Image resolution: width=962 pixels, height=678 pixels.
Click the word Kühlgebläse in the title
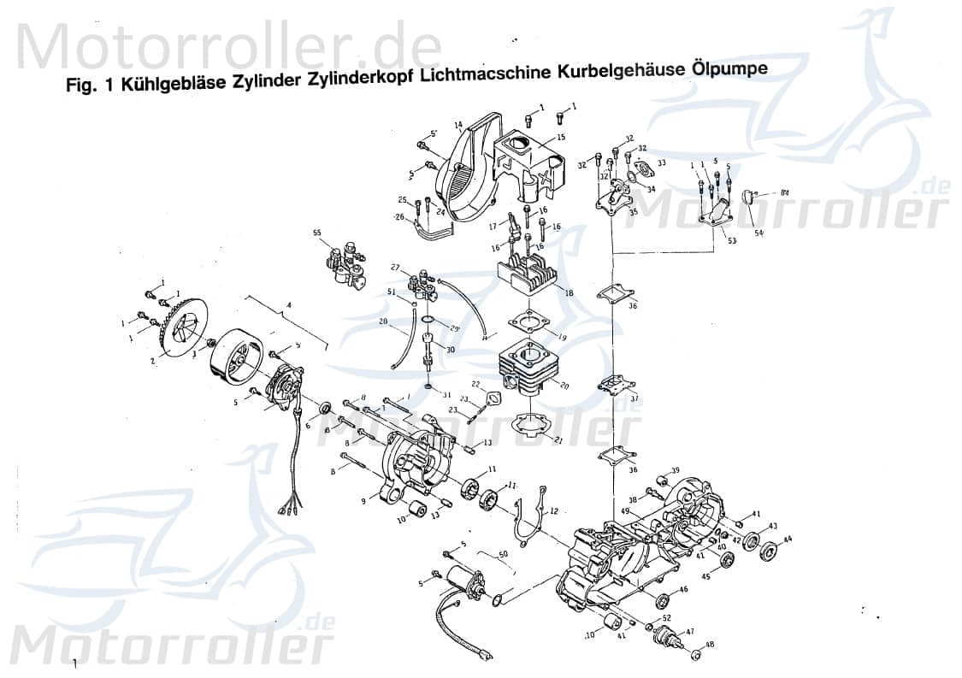click(x=174, y=85)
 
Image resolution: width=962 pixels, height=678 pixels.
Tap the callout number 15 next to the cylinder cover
click(x=561, y=138)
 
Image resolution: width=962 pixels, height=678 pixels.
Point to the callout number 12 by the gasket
click(x=553, y=511)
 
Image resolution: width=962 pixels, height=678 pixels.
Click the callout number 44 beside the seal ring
click(x=788, y=539)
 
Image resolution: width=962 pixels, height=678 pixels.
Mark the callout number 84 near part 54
click(x=784, y=193)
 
